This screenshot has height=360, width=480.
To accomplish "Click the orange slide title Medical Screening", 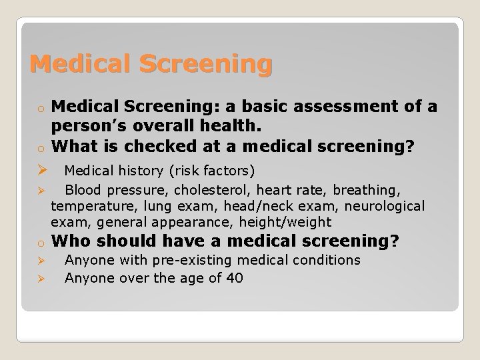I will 151,64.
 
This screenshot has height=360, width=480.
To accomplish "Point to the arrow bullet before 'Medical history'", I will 39,171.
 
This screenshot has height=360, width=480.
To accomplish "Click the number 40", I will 234,278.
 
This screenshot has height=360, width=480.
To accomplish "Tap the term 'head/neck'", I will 251,207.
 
